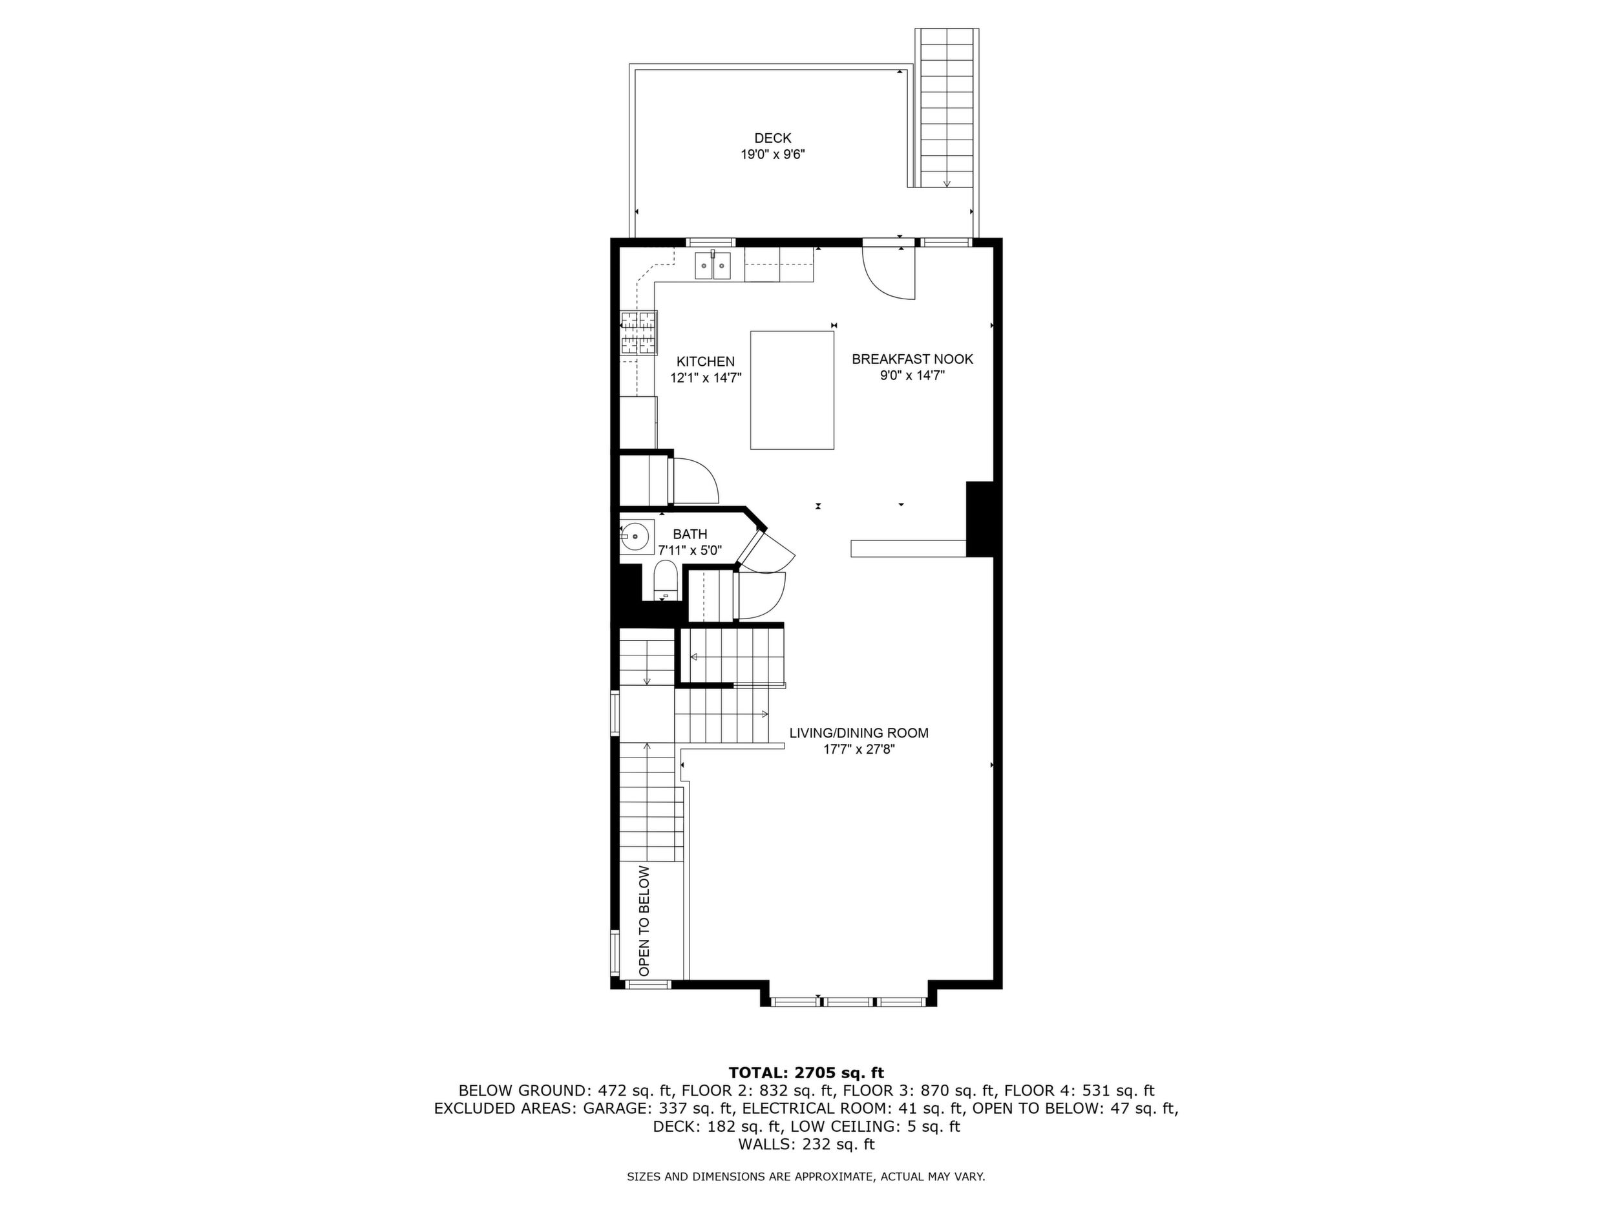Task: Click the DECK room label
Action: [x=772, y=138]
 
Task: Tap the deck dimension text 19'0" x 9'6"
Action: [x=772, y=154]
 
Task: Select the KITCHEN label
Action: [x=705, y=362]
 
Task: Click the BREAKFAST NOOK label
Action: [x=912, y=359]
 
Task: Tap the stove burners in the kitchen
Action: [x=638, y=333]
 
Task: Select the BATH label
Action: [x=690, y=535]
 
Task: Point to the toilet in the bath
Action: [x=666, y=580]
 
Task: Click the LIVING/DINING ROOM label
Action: [x=859, y=733]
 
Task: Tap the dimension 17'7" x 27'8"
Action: [x=859, y=749]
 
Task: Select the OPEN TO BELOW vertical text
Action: [x=644, y=921]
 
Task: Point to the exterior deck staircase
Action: [x=947, y=108]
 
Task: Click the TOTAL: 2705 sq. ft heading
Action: [x=806, y=1073]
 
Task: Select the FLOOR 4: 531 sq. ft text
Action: [x=1079, y=1091]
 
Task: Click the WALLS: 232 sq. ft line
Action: [x=806, y=1144]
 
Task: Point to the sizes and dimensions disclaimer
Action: [x=806, y=1176]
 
